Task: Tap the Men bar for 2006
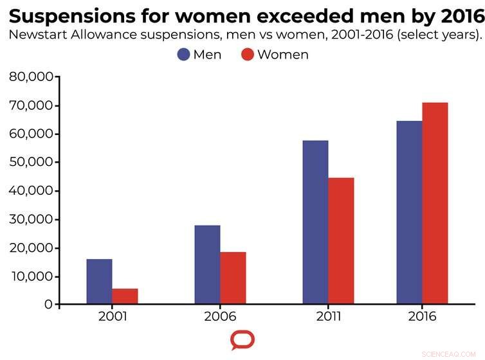pyautogui.click(x=207, y=265)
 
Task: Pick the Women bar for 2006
pyautogui.click(x=233, y=278)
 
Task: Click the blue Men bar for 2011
pyautogui.click(x=315, y=222)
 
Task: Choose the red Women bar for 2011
pyautogui.click(x=341, y=241)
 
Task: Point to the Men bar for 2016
pyautogui.click(x=409, y=213)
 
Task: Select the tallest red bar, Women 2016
pyautogui.click(x=435, y=203)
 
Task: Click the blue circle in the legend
pyautogui.click(x=183, y=55)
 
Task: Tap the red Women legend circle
pyautogui.click(x=248, y=55)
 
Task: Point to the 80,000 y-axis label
pyautogui.click(x=31, y=77)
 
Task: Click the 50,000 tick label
pyautogui.click(x=31, y=163)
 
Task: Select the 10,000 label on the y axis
pyautogui.click(x=31, y=276)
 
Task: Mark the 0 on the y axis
pyautogui.click(x=48, y=305)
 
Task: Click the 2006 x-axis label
pyautogui.click(x=220, y=317)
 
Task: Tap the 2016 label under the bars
pyautogui.click(x=422, y=317)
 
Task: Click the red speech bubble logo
pyautogui.click(x=243, y=340)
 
